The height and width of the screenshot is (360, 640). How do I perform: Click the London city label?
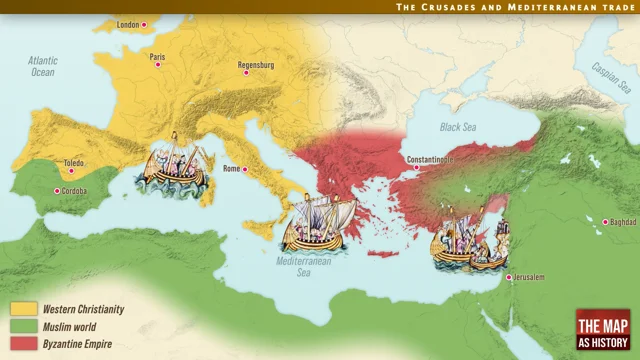tap(127, 24)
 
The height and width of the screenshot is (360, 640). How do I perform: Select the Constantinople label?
tap(430, 159)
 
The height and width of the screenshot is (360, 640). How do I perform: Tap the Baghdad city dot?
tap(606, 221)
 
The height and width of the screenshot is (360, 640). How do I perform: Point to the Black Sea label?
tap(460, 127)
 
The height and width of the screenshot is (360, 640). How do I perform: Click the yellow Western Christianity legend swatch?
tap(24, 310)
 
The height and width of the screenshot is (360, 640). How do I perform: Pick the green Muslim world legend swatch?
tap(24, 327)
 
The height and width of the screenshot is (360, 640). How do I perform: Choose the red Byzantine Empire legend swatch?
tap(24, 344)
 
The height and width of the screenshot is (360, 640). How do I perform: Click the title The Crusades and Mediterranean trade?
tap(515, 7)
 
